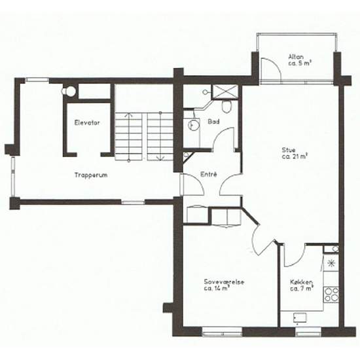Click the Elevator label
point(87,122)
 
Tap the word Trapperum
point(90,176)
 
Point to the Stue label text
point(289,149)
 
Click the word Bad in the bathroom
point(213,122)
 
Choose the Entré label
point(209,174)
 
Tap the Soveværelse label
point(224,281)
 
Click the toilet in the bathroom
point(226,106)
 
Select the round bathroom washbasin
point(192,123)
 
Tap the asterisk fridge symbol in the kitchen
point(331,264)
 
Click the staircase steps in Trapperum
point(144,136)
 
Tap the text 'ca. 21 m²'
point(296,156)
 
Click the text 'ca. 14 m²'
point(217,289)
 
